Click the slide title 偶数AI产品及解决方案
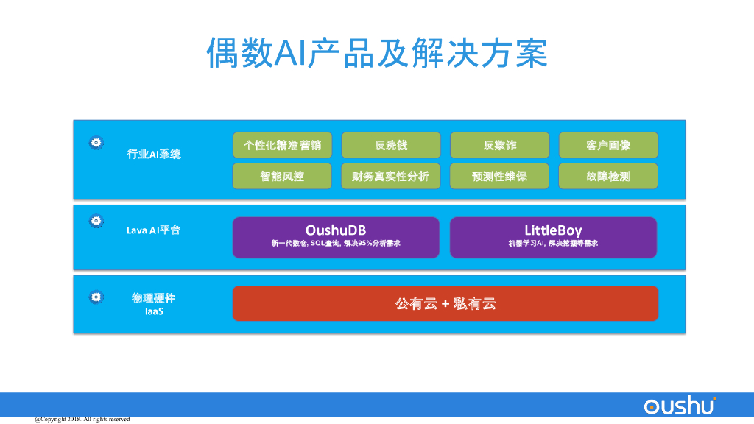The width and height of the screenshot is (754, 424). (x=376, y=53)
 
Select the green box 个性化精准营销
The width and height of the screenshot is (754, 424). (x=282, y=145)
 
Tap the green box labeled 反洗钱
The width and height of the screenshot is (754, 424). (x=391, y=145)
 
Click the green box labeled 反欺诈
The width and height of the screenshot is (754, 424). (x=499, y=145)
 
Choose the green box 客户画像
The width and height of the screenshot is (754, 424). (x=608, y=145)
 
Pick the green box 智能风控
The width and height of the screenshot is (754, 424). (x=282, y=176)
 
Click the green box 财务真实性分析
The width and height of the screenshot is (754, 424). (x=391, y=176)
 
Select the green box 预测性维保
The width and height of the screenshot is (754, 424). (x=499, y=176)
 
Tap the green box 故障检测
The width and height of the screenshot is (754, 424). (x=608, y=176)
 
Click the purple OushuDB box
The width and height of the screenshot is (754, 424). (x=336, y=237)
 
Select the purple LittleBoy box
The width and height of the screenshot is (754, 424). (x=553, y=237)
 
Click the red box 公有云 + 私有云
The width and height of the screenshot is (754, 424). (x=445, y=303)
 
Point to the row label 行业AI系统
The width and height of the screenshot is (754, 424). (x=154, y=154)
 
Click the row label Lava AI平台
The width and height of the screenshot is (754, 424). (x=153, y=230)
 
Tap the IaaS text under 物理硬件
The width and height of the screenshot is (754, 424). (x=154, y=311)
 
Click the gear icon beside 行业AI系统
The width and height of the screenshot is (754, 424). (x=96, y=143)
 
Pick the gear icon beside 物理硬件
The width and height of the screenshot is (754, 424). (x=96, y=297)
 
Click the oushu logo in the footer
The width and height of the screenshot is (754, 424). (x=679, y=406)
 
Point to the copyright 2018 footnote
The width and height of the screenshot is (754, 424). (x=82, y=419)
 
